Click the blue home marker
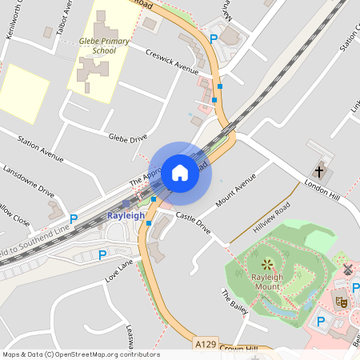point(180,172)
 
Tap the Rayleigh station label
point(126,216)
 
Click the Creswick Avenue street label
point(172,58)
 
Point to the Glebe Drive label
point(128,134)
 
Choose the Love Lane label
point(118,271)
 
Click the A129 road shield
point(204,343)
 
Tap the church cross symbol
point(319,171)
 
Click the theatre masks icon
point(341,301)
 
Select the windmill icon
point(347,270)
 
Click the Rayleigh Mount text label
point(268,282)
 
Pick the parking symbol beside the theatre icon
point(321,322)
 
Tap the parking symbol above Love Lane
point(102,255)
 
